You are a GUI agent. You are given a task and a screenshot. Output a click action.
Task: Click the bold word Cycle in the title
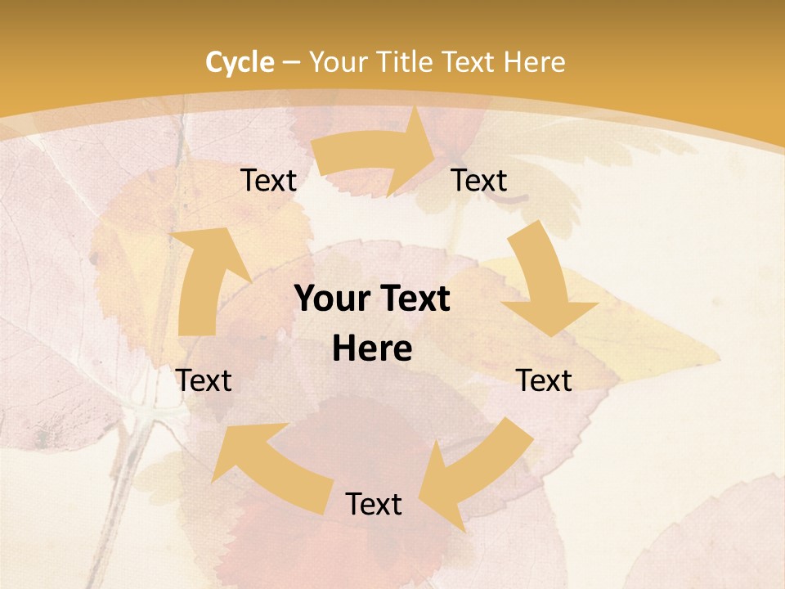[240, 62]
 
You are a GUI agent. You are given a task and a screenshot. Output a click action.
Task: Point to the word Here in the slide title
[533, 62]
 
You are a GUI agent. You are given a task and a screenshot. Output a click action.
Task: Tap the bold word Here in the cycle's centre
[372, 349]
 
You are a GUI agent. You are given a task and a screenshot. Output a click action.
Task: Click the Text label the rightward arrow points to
[479, 180]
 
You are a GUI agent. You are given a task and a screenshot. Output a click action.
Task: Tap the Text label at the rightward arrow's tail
[268, 180]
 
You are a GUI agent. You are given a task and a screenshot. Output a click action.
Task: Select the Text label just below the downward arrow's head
[544, 380]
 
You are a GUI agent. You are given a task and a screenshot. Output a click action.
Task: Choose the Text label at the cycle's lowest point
[373, 504]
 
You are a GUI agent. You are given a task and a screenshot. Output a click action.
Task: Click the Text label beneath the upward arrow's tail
[204, 380]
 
